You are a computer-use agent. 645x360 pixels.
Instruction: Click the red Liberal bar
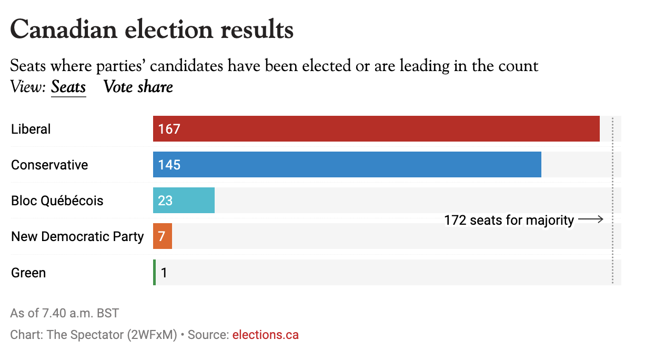point(376,129)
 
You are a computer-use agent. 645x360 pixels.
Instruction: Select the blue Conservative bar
point(347,165)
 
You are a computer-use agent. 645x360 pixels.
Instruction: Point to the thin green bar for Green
point(154,273)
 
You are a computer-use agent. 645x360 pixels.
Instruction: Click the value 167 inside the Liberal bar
point(169,129)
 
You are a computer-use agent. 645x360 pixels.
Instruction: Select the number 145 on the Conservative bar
point(169,165)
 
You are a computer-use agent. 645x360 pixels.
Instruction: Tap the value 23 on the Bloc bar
point(165,201)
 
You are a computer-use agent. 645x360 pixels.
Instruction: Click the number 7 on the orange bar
point(162,236)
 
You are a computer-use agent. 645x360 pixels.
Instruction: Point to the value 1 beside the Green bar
point(164,273)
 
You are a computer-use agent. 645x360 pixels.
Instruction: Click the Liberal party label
point(31,129)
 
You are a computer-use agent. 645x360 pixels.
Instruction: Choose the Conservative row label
point(49,165)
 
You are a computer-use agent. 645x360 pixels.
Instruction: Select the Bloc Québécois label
point(57,201)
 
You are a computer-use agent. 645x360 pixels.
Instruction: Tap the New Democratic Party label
point(77,236)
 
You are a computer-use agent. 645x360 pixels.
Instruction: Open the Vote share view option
point(138,87)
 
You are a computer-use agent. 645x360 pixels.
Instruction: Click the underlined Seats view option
point(68,87)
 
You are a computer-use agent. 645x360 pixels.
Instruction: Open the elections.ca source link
point(265,335)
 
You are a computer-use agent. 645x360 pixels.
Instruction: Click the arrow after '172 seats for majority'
point(591,219)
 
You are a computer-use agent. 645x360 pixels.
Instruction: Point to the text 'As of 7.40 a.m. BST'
point(64,313)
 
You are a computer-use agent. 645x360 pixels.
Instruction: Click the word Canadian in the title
point(63,29)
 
